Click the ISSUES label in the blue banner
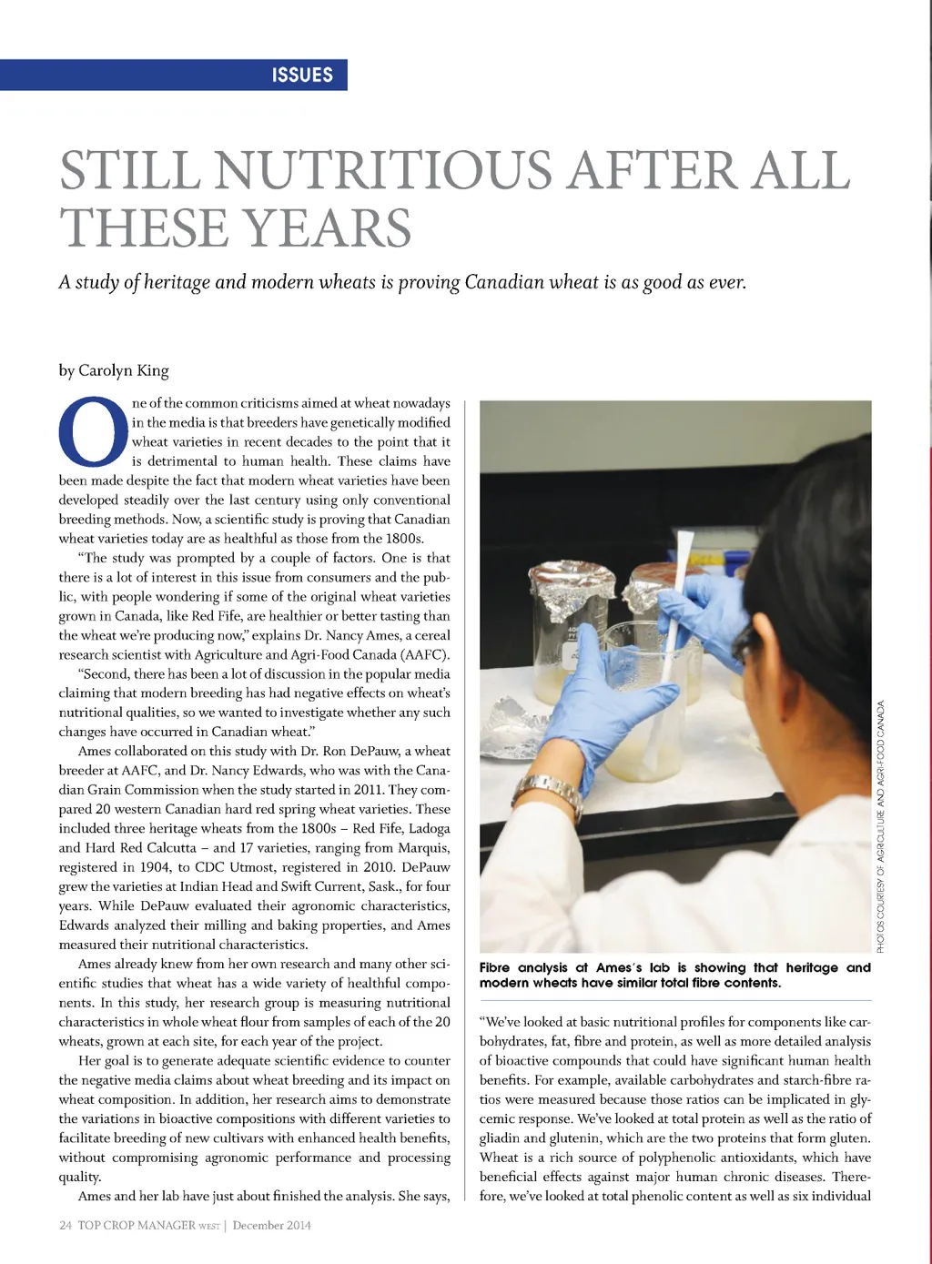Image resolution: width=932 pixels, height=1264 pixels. [302, 75]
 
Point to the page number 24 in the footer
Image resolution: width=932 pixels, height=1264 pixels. [66, 1225]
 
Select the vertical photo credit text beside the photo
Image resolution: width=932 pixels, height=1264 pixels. [880, 824]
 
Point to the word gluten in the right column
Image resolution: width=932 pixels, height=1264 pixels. [849, 1138]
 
